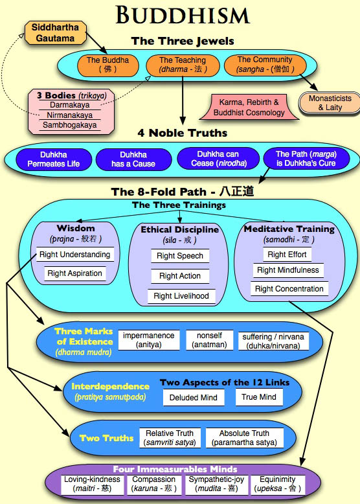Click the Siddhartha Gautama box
click(x=56, y=33)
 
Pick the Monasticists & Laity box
click(x=330, y=103)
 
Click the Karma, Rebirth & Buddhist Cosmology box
click(x=249, y=108)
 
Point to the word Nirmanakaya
click(x=70, y=115)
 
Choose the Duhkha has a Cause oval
click(x=133, y=159)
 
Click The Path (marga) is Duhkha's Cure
click(x=306, y=159)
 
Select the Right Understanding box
click(x=75, y=255)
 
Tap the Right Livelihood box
click(x=181, y=296)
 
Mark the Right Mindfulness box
click(x=288, y=270)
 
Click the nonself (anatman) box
click(x=209, y=340)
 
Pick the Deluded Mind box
click(x=194, y=398)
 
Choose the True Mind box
click(x=259, y=397)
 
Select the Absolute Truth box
click(x=244, y=438)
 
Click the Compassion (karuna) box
click(x=154, y=485)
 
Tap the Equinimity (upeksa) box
click(x=278, y=485)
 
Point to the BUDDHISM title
click(x=183, y=15)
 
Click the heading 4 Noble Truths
click(x=183, y=133)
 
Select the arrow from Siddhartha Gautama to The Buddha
click(x=96, y=43)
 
